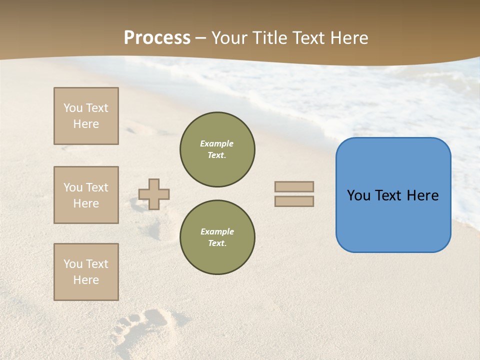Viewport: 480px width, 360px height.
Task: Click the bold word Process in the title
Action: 157,38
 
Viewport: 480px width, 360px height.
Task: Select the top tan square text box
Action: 86,116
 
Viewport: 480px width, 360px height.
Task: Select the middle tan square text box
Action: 86,195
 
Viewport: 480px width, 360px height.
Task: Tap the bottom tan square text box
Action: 86,272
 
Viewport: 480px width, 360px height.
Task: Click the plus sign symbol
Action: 154,194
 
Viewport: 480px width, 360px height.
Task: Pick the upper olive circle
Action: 217,149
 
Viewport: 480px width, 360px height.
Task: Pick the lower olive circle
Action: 217,237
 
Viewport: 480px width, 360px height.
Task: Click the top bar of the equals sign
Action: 294,186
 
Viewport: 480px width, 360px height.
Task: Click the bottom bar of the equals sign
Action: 294,201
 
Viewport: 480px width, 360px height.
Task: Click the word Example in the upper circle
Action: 216,143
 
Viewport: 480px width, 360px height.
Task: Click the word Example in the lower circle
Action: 216,231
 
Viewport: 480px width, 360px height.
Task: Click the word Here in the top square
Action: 86,124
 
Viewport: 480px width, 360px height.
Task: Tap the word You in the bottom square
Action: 73,264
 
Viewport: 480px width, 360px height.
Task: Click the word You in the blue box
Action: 358,195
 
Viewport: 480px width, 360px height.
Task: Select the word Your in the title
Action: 229,38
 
